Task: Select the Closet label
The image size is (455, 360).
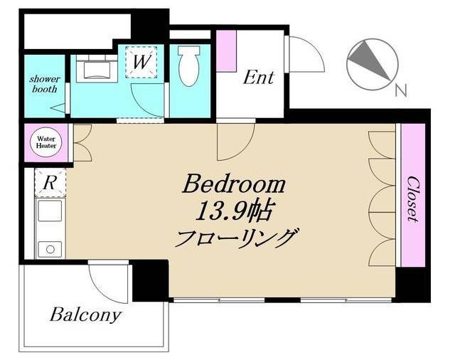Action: click(x=412, y=199)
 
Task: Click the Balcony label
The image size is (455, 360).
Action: click(x=85, y=315)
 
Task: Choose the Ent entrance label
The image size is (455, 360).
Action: click(x=258, y=78)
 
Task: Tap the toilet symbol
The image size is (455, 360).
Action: click(x=189, y=66)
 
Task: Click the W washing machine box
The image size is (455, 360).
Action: click(x=141, y=62)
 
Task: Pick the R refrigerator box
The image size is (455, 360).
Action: click(x=50, y=183)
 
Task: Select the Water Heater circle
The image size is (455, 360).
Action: click(x=46, y=142)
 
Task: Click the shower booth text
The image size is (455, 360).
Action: click(x=44, y=84)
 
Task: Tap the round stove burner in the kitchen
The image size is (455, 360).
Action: click(x=50, y=250)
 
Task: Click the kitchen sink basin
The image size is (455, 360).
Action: click(x=50, y=211)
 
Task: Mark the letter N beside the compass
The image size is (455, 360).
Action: click(x=401, y=90)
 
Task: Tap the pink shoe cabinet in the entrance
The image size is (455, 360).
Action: click(x=226, y=51)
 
